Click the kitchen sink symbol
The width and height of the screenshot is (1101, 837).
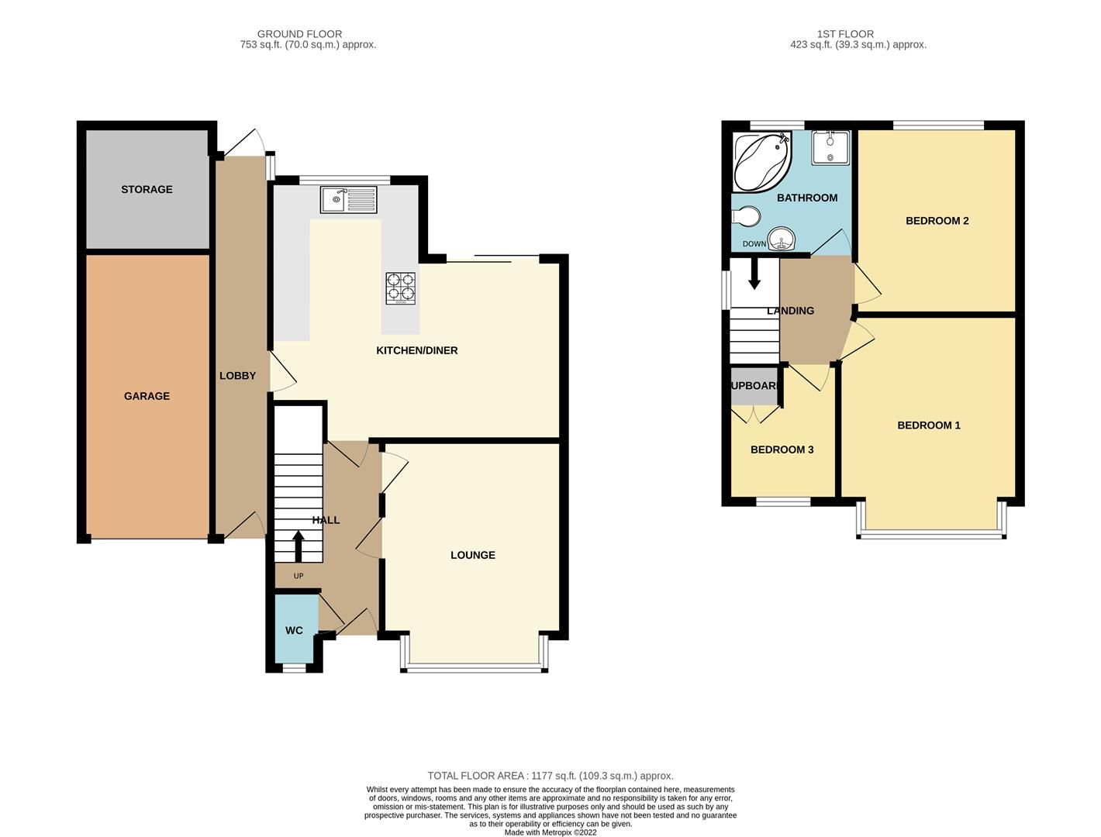[348, 200]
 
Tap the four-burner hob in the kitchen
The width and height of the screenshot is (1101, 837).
[400, 288]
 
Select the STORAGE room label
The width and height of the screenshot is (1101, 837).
[147, 189]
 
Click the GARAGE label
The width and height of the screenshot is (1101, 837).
[147, 396]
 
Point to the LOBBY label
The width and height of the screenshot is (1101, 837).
[237, 376]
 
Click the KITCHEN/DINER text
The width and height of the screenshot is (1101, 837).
[416, 350]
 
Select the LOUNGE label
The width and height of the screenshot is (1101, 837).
[472, 555]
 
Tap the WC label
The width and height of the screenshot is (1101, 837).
[294, 631]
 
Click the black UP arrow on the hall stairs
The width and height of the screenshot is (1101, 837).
[298, 546]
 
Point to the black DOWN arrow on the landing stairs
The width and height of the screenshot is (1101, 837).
[754, 276]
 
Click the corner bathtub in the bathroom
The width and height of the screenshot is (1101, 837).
[761, 161]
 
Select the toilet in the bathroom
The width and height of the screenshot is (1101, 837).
[747, 217]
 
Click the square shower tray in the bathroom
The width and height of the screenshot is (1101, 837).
[830, 148]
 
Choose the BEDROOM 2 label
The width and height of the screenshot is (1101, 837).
[937, 221]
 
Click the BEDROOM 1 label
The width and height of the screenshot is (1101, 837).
[928, 425]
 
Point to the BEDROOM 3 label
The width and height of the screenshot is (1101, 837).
[782, 449]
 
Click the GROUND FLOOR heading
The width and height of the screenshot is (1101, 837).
[299, 34]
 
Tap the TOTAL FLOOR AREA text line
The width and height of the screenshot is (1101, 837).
[550, 776]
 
